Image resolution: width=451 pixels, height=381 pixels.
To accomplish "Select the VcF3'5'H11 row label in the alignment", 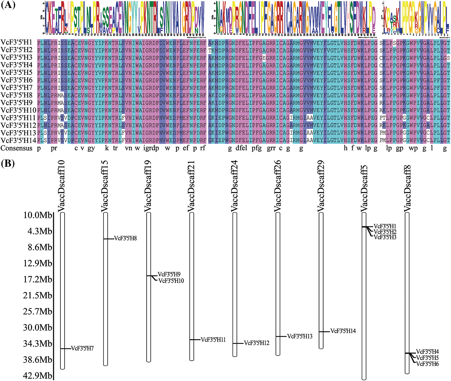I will (18, 118).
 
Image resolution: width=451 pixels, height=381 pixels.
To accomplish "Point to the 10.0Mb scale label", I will (38, 215).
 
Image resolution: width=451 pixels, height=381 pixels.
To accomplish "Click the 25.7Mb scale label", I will (38, 312).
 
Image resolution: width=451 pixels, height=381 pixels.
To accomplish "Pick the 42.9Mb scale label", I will (38, 376).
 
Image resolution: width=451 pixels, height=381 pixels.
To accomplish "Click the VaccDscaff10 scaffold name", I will (62, 186).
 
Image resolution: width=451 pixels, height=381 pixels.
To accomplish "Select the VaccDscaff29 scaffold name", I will (321, 186).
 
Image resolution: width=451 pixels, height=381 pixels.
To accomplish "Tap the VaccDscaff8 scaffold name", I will (408, 189).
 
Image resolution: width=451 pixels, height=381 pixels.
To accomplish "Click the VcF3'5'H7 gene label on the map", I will (82, 349).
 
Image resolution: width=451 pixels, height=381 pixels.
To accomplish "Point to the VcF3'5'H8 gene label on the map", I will (125, 238).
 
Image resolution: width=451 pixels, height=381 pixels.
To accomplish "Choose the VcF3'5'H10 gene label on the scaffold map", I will (171, 281).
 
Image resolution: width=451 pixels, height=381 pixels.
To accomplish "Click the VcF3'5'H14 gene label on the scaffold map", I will (343, 331).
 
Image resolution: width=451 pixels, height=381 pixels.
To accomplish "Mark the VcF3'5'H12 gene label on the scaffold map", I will (256, 343).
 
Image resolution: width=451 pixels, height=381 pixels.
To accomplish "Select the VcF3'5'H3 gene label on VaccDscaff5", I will (385, 237).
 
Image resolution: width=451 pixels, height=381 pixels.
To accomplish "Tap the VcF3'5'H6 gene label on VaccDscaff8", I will (427, 364).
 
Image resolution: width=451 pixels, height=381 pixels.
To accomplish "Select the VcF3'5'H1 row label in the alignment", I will (17, 42).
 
